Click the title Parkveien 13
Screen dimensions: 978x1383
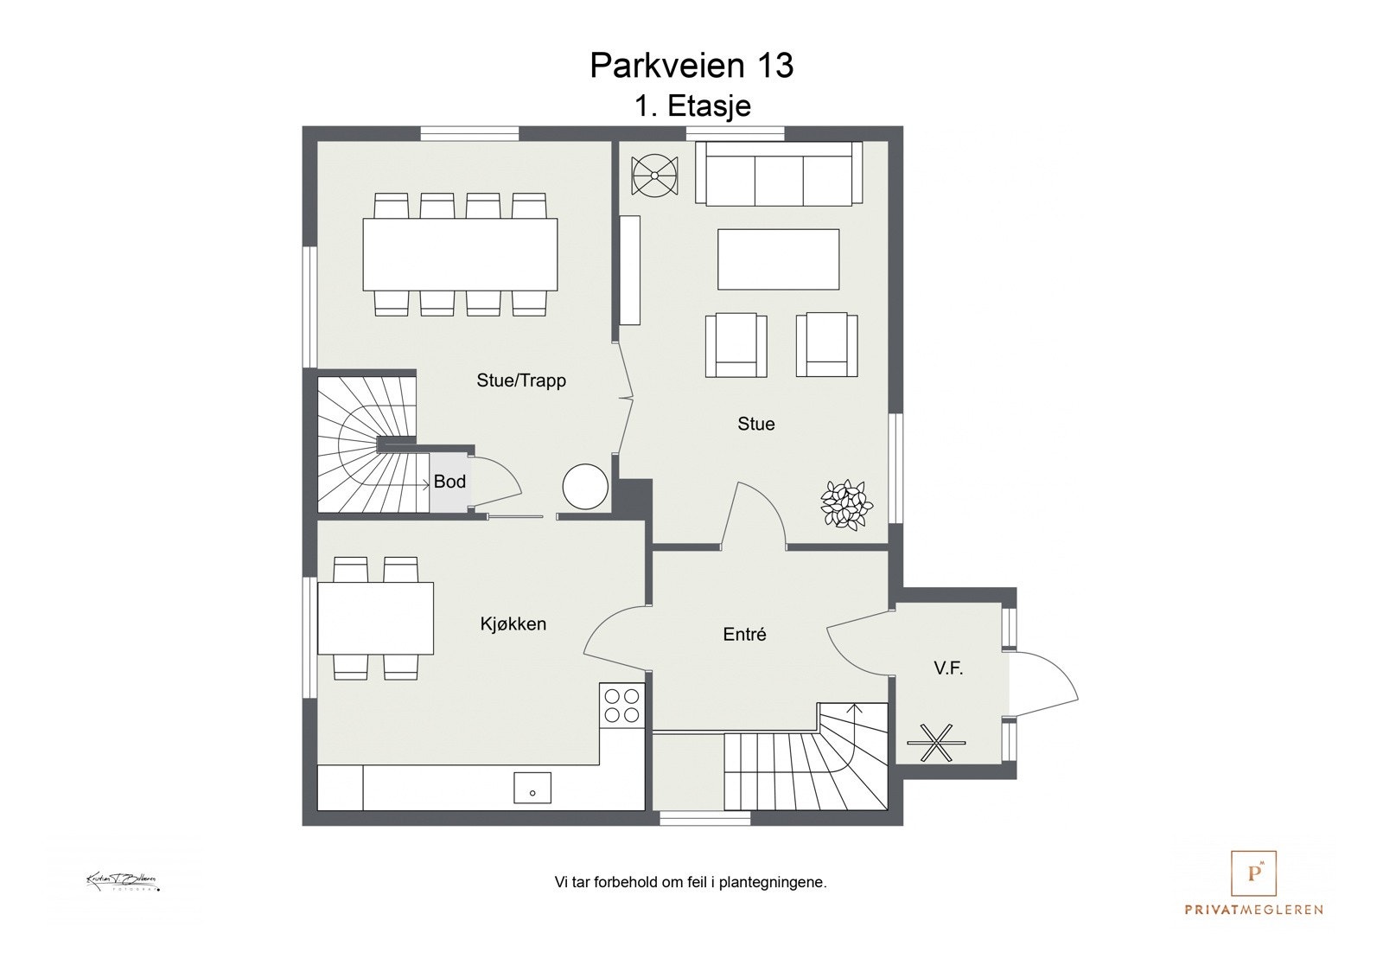tap(691, 66)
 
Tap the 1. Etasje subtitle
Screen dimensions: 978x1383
tap(692, 106)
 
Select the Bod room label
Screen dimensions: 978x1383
tap(449, 482)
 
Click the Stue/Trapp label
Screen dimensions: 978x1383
tap(521, 380)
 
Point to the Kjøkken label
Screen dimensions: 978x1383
tap(513, 623)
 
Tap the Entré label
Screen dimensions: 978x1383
tap(744, 635)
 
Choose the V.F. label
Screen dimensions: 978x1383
tap(948, 668)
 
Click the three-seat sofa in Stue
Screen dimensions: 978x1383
tap(779, 174)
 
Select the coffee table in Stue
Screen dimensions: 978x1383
tap(778, 259)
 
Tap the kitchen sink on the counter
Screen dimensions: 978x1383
tap(532, 789)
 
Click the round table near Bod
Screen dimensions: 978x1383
tap(585, 487)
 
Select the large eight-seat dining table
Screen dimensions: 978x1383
tap(460, 254)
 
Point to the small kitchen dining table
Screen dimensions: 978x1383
tap(375, 618)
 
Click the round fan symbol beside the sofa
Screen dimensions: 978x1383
tap(655, 176)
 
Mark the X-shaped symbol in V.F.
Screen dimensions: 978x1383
tap(935, 742)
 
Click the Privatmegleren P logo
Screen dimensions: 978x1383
tap(1253, 873)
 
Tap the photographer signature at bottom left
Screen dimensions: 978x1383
tap(122, 882)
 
